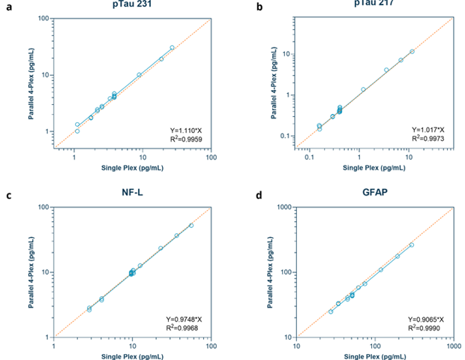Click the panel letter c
click(x=8, y=196)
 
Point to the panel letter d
click(x=259, y=196)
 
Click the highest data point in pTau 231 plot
click(x=172, y=47)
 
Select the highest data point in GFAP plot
click(x=411, y=244)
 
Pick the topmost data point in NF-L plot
click(x=191, y=225)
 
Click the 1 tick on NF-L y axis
click(x=49, y=337)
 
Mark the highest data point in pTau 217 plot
click(x=412, y=51)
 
